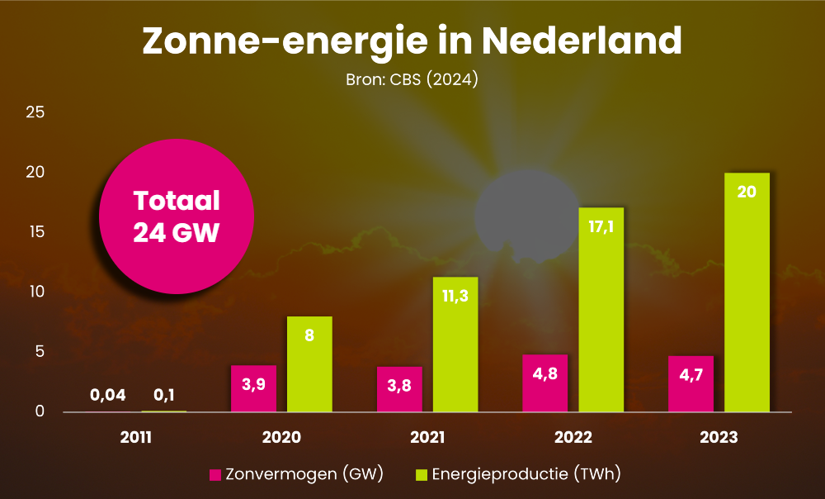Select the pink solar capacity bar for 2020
pos(253,388)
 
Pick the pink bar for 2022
pos(545,384)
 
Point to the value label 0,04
pos(107,395)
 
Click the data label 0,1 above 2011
pos(163,395)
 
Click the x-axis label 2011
pos(135,437)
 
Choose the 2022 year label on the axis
pos(573,437)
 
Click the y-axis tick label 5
pos(37,352)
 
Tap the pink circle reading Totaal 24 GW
pos(176,216)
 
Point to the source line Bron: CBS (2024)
pos(412,81)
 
